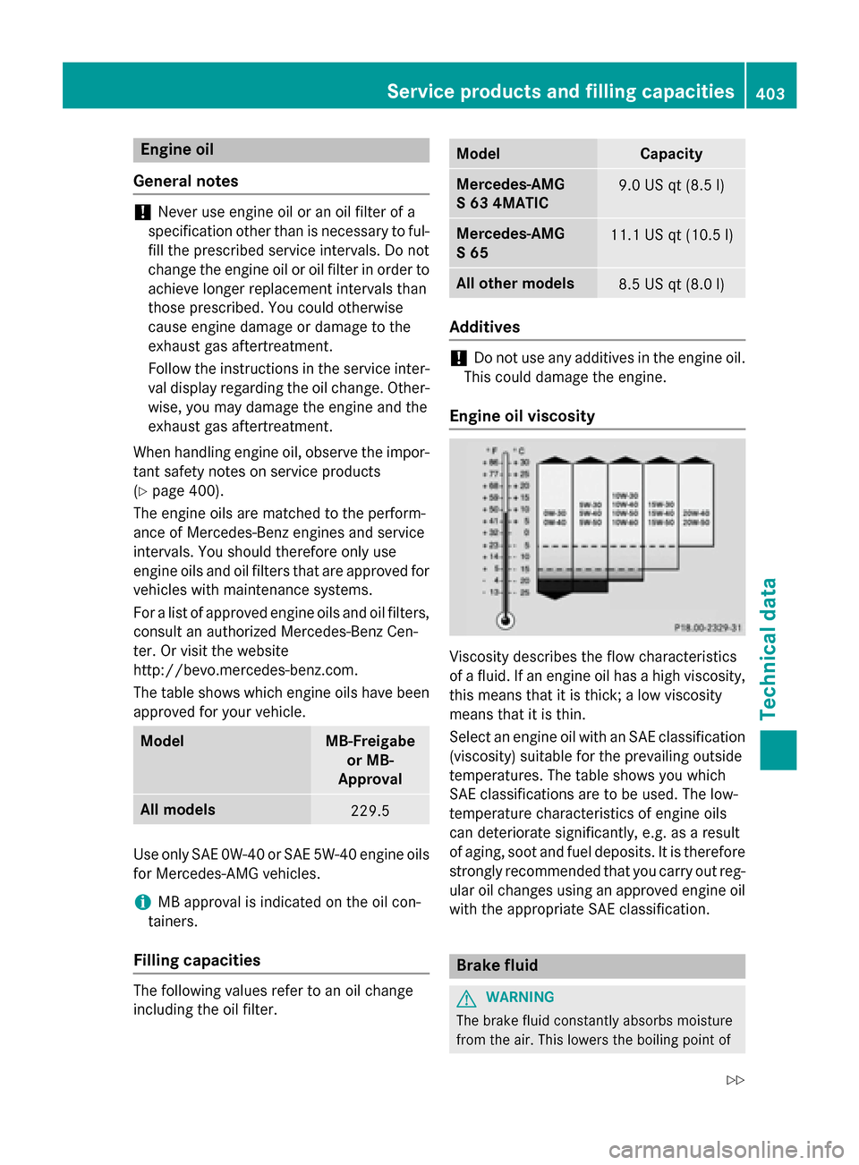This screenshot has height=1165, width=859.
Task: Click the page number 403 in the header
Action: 770,92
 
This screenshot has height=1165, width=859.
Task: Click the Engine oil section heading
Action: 177,149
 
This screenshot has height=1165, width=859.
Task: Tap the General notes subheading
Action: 186,181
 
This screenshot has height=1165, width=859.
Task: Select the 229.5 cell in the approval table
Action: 370,811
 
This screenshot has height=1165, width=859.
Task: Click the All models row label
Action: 178,810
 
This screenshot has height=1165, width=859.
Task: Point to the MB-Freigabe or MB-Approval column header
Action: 370,760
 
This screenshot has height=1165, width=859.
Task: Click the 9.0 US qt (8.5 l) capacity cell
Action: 671,185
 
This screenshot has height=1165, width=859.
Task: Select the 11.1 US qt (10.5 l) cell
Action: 671,235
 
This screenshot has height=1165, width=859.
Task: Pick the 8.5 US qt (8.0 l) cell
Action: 671,285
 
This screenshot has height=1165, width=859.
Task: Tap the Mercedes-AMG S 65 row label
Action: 510,242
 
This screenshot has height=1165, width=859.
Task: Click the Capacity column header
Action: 671,154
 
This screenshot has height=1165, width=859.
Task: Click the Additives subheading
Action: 484,327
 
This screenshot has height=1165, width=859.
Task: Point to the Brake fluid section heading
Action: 498,965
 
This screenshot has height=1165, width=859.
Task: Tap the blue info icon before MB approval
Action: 142,902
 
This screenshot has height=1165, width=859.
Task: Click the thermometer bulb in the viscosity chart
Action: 506,619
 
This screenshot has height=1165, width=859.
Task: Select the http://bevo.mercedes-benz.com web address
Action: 245,670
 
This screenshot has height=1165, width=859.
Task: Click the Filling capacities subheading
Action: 197,960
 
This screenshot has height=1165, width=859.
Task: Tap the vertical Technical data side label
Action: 768,649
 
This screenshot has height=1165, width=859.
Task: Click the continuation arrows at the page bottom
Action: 735,1080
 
